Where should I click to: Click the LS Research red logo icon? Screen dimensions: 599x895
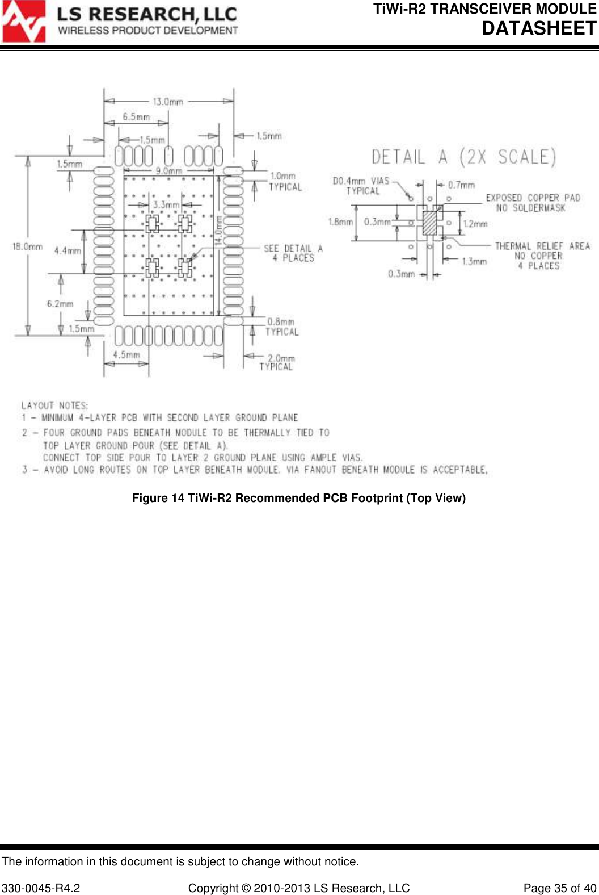point(23,22)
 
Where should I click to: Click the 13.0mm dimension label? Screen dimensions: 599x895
point(168,102)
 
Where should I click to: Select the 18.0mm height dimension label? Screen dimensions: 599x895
point(28,246)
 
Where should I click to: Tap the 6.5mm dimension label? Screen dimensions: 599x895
point(136,117)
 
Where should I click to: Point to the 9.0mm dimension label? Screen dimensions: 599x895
point(169,170)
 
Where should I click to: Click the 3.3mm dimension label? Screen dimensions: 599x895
point(166,204)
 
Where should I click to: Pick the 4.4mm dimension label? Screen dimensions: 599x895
point(68,250)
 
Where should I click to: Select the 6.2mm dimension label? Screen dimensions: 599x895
point(60,304)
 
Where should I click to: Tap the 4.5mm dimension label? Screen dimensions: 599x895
point(126,355)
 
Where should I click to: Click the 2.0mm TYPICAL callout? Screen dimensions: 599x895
point(277,362)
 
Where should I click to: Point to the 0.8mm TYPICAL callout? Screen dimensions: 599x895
point(281,327)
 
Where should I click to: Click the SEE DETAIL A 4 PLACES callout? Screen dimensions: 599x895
point(293,253)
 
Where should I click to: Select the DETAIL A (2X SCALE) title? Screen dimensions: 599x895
point(463,157)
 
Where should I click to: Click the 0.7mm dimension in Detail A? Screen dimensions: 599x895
point(461,185)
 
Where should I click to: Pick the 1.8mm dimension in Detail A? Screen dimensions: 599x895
point(340,222)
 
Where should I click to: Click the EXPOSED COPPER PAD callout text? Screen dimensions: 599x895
point(533,203)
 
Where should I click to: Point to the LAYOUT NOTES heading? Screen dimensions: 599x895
point(54,405)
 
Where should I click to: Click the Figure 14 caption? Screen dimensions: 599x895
point(299,498)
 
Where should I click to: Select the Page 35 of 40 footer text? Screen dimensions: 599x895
point(559,888)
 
